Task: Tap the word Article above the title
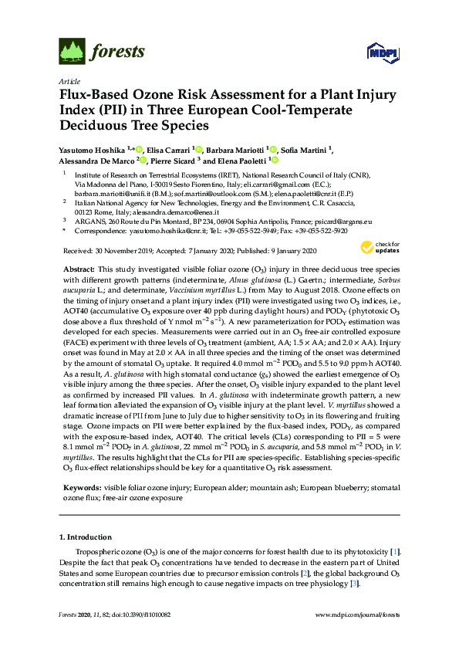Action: (x=69, y=80)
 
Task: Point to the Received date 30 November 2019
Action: (x=116, y=251)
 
